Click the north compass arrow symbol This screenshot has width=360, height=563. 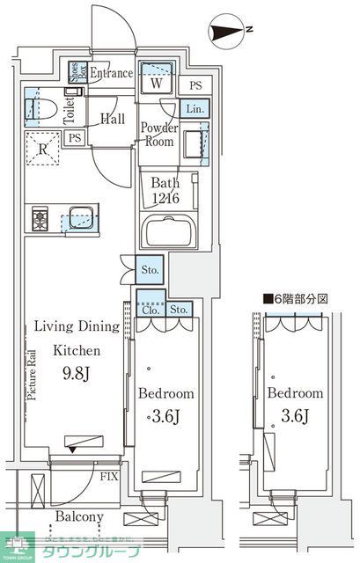tap(231, 34)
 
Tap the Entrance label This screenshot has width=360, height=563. tap(111, 74)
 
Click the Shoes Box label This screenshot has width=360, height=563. tap(76, 73)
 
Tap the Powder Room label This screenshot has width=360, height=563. tap(159, 135)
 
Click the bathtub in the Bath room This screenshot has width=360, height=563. tap(171, 233)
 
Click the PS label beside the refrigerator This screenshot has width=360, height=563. tap(76, 138)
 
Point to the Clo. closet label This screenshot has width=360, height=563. tap(149, 309)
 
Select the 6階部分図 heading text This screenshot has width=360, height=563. tap(295, 299)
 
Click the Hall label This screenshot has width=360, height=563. tap(112, 119)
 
